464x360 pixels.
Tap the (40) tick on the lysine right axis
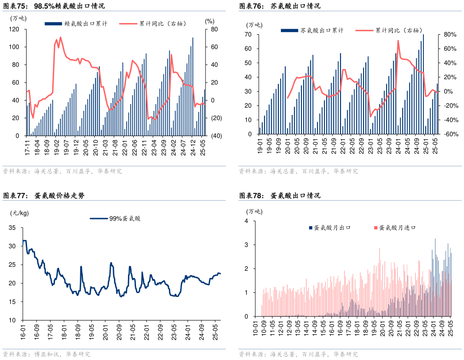click(x=211, y=136)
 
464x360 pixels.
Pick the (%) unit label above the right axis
click(x=209, y=21)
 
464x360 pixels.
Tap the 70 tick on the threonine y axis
click(x=248, y=34)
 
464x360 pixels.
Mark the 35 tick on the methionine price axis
click(x=12, y=228)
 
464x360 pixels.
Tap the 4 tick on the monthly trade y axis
click(x=246, y=221)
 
